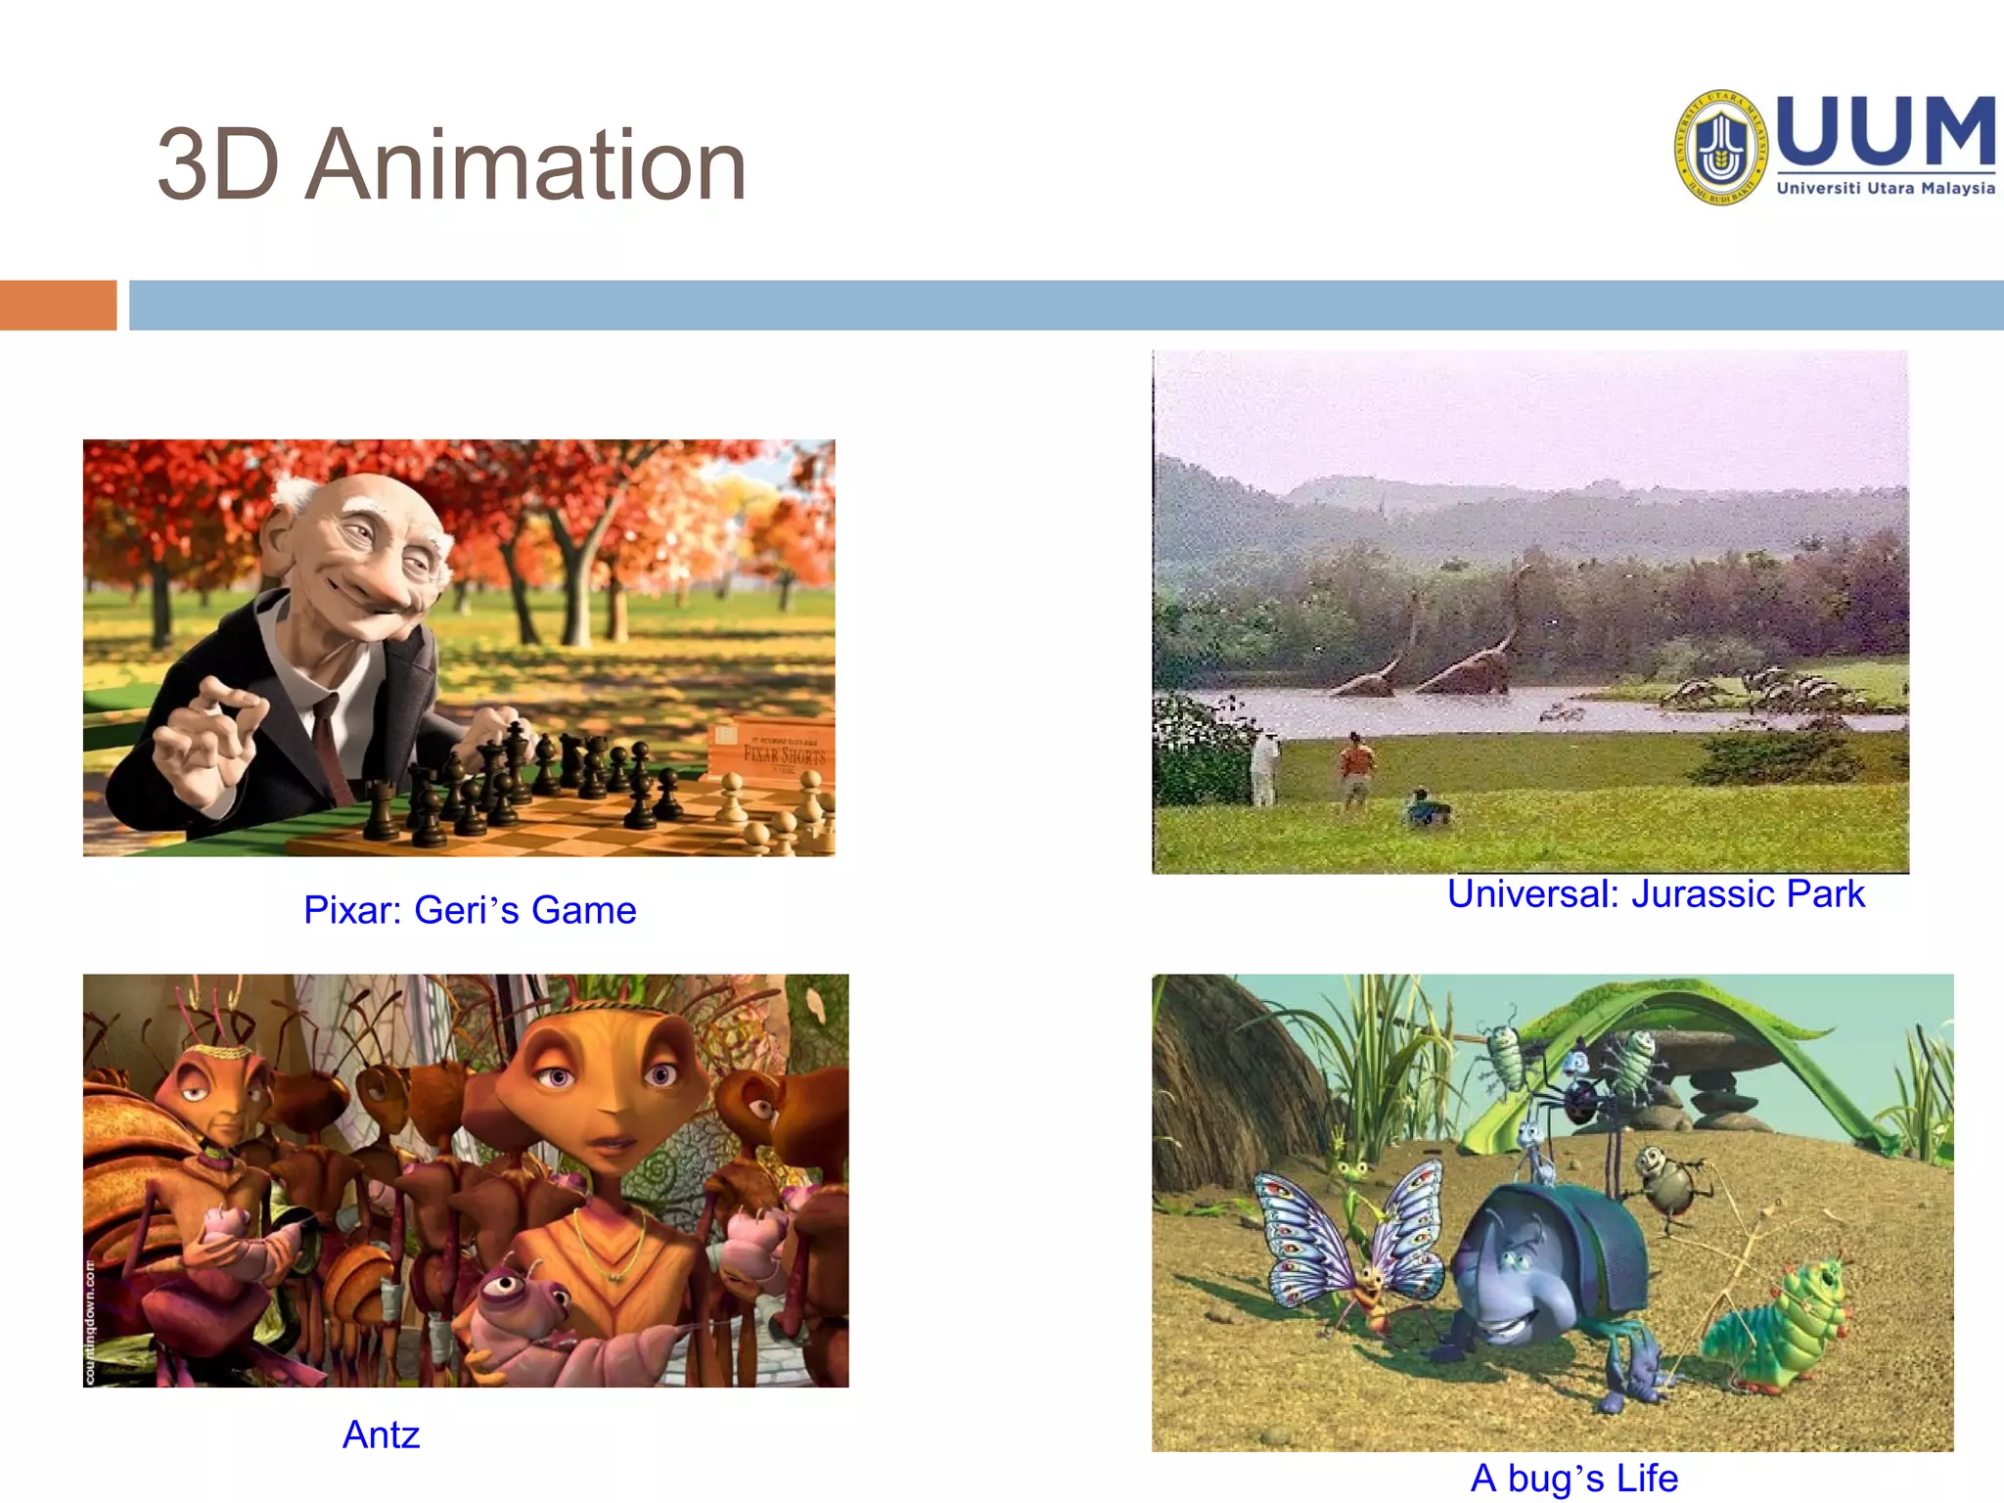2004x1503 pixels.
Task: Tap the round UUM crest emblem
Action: tap(1721, 148)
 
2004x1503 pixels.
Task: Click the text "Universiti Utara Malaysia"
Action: tap(1885, 188)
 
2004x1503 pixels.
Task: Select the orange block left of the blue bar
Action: tap(58, 305)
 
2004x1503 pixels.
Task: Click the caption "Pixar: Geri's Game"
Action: tap(470, 910)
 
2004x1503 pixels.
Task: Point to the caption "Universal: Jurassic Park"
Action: tap(1656, 893)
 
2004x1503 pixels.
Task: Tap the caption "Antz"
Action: tap(381, 1435)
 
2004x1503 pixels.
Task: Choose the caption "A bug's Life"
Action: tap(1573, 1478)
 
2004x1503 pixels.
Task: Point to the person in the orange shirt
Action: tap(1356, 768)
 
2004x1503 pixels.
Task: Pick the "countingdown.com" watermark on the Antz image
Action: tap(90, 1322)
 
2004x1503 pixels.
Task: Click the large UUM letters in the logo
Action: tap(1885, 132)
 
